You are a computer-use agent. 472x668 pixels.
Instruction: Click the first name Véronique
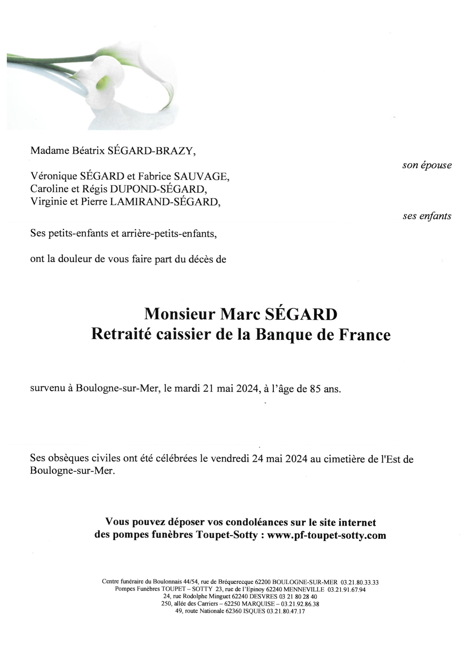tap(54, 176)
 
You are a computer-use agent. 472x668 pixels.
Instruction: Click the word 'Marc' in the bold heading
tap(240, 315)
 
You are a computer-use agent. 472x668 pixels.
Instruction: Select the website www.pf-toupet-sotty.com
tap(326, 535)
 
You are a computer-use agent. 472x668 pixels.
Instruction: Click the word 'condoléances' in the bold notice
tap(257, 522)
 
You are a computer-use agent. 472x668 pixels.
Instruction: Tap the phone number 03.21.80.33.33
tap(360, 582)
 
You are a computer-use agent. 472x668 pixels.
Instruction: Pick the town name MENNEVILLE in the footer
tap(304, 589)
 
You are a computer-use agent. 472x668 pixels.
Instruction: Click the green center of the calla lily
tap(104, 82)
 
